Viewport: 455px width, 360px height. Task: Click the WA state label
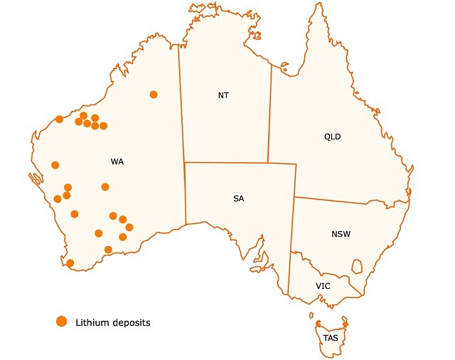pyautogui.click(x=117, y=162)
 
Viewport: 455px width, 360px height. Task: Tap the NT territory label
pyautogui.click(x=224, y=95)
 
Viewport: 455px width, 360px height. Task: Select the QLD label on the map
pyautogui.click(x=333, y=137)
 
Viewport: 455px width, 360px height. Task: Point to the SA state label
pyautogui.click(x=238, y=198)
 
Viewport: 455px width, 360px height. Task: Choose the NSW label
pyautogui.click(x=341, y=234)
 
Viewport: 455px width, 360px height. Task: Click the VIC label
pyautogui.click(x=323, y=285)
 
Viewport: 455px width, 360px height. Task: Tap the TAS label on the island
pyautogui.click(x=331, y=338)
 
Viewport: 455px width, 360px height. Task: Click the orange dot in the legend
pyautogui.click(x=62, y=322)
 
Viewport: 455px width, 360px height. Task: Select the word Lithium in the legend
pyautogui.click(x=92, y=322)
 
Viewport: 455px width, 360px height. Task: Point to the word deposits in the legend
pyautogui.click(x=132, y=323)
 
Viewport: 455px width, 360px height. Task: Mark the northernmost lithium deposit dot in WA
pyautogui.click(x=154, y=95)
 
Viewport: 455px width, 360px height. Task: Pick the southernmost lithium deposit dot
pyautogui.click(x=70, y=263)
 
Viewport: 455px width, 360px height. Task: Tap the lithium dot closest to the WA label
pyautogui.click(x=105, y=187)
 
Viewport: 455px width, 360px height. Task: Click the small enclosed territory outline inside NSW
pyautogui.click(x=357, y=266)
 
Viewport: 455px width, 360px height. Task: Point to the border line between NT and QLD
pyautogui.click(x=269, y=114)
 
